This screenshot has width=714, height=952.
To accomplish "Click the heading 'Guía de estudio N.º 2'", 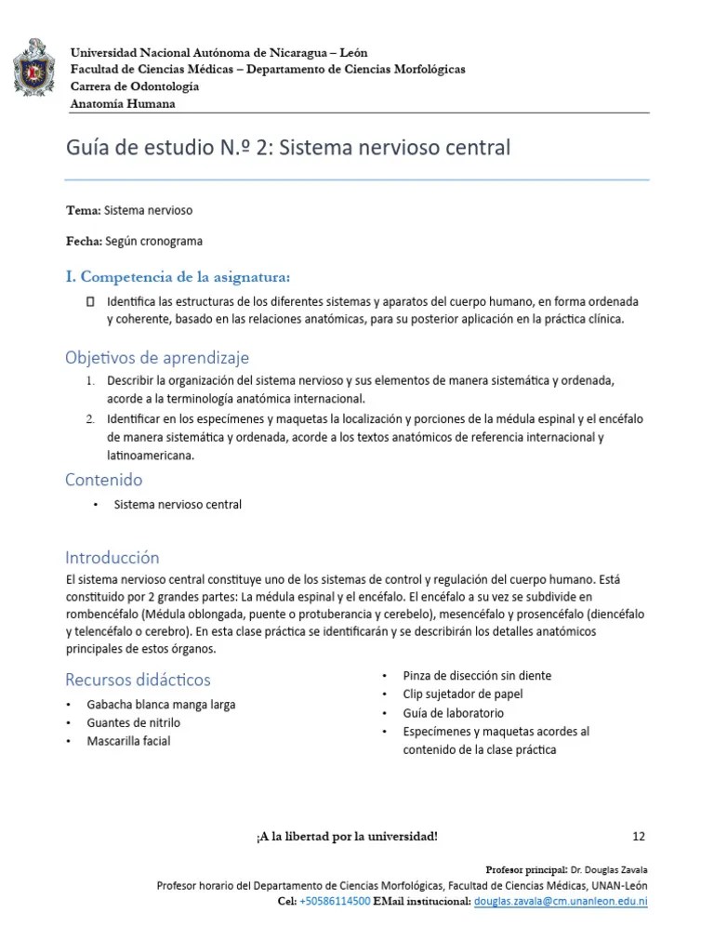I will coord(287,148).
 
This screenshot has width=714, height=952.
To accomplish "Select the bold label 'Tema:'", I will coord(84,211).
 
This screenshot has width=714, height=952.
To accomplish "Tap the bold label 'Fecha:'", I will coord(85,241).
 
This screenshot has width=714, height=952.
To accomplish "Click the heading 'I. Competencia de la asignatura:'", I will coord(178,276).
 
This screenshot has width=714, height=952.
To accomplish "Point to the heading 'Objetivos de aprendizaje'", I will coord(156,358).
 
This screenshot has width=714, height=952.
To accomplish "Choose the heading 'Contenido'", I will coord(103,480).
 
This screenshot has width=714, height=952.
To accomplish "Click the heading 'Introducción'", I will coord(112,558).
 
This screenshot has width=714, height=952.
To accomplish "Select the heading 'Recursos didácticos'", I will coord(138,680).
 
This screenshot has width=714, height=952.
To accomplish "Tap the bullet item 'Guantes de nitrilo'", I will coord(134,722).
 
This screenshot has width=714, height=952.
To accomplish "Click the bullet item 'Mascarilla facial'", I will coord(128,741).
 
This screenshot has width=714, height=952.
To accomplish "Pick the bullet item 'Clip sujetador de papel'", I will coord(462,694).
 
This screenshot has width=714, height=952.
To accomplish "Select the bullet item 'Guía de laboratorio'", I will coord(454,713).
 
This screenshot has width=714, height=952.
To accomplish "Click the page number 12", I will coord(638,836).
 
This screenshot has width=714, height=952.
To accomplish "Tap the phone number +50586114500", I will coord(335,902).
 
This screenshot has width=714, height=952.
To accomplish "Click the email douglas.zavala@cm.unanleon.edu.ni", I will coord(561,902).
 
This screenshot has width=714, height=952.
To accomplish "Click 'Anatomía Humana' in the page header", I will coord(123,103).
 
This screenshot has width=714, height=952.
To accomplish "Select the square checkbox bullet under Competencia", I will coord(90,302).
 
